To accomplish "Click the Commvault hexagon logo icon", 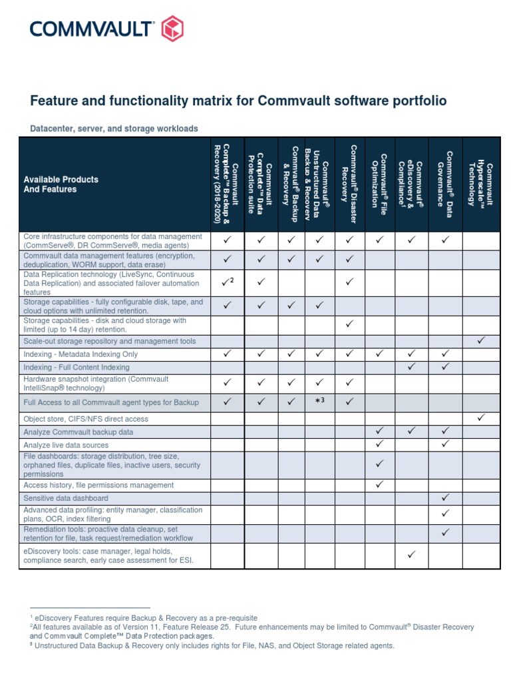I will coord(172,29).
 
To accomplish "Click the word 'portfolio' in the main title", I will coord(415,101).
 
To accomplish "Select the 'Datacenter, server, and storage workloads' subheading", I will coord(114,129).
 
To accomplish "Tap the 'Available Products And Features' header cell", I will coord(61,184).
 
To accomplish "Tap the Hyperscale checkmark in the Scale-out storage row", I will coord(481,341).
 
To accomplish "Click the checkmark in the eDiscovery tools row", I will coord(412,555).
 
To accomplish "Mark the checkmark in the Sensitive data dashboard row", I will coord(445,498).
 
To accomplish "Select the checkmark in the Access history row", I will coord(379,485).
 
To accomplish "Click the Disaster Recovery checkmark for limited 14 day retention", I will coord(349,324).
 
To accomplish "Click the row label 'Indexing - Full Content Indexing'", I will coord(77,367).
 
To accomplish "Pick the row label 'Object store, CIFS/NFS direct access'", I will coord(86,419).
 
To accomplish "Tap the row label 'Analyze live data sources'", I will coord(66,445).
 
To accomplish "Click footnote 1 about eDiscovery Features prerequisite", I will coord(144,618).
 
